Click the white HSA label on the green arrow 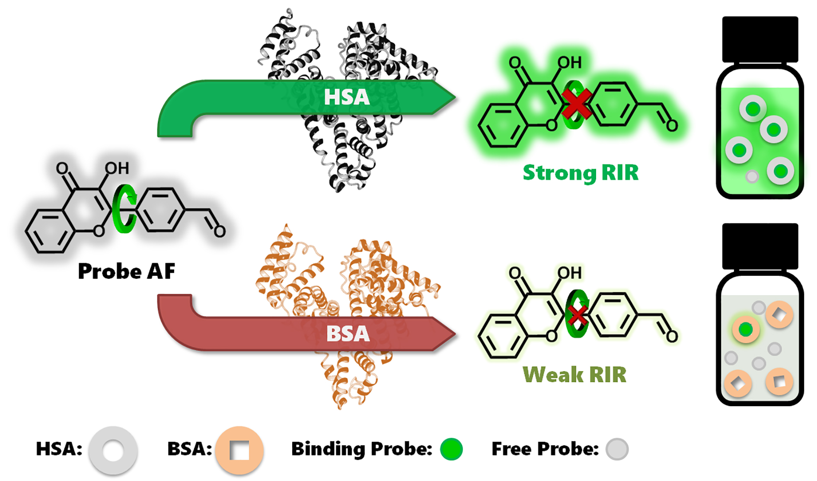347,97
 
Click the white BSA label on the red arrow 348,333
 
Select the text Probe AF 126,271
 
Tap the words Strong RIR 580,173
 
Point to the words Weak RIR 574,374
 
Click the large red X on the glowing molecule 577,104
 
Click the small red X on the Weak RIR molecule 578,315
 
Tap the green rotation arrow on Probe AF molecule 124,209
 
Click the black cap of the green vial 760,39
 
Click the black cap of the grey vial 760,246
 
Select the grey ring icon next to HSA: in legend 113,450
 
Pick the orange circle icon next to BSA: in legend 239,450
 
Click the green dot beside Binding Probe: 451,449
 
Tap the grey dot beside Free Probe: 617,449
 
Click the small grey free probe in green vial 752,176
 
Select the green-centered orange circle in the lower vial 746,330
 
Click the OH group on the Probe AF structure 117,168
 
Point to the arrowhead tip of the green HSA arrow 455,98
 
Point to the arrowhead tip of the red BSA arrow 455,334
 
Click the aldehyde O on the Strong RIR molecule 671,126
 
